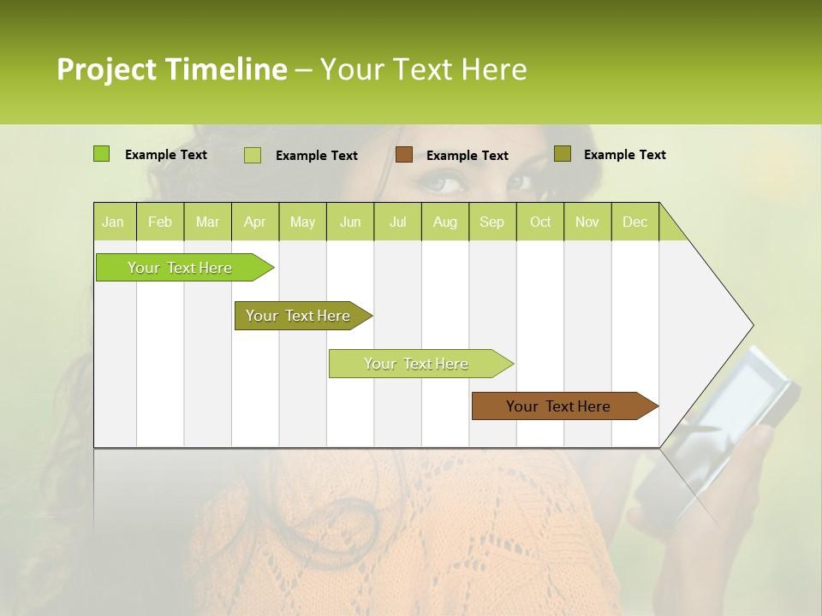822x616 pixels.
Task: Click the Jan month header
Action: (113, 222)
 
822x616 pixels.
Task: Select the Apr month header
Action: (254, 222)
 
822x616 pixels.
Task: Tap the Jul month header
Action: (397, 222)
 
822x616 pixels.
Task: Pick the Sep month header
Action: (491, 222)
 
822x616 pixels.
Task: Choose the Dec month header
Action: (634, 222)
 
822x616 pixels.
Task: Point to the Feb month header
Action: (160, 222)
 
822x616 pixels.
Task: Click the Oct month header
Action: (540, 222)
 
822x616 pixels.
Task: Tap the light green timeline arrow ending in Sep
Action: (417, 364)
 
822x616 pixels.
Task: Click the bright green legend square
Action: (101, 154)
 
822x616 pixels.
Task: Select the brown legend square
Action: (404, 154)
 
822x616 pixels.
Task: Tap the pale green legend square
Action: (253, 155)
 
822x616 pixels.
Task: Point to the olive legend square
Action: (562, 153)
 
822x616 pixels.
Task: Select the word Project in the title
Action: (106, 69)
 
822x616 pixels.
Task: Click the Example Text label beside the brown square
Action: (467, 155)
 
